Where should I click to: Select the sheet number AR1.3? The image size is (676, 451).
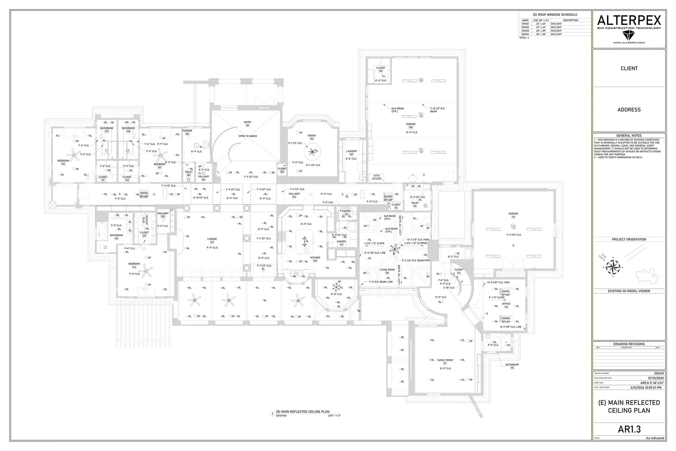(x=629, y=429)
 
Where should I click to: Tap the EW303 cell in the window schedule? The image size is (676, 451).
(x=525, y=31)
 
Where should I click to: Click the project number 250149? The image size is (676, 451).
(x=659, y=373)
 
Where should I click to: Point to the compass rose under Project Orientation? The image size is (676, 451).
(x=613, y=267)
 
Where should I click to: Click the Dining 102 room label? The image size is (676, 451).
(x=312, y=137)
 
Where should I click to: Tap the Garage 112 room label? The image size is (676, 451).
(x=513, y=215)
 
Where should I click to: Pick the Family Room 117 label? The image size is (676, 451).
(x=445, y=361)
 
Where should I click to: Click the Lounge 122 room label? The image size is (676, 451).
(x=212, y=241)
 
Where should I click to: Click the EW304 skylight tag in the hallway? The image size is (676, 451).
(x=144, y=195)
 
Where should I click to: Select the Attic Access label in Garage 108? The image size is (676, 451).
(x=376, y=177)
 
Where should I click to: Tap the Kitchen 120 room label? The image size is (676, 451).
(x=315, y=259)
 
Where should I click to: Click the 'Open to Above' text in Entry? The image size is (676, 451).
(x=247, y=136)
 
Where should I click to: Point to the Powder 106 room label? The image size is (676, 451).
(x=187, y=132)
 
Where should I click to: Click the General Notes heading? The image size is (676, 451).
(x=629, y=136)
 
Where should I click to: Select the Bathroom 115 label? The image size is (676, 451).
(x=512, y=366)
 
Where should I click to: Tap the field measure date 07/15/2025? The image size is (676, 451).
(x=656, y=378)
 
